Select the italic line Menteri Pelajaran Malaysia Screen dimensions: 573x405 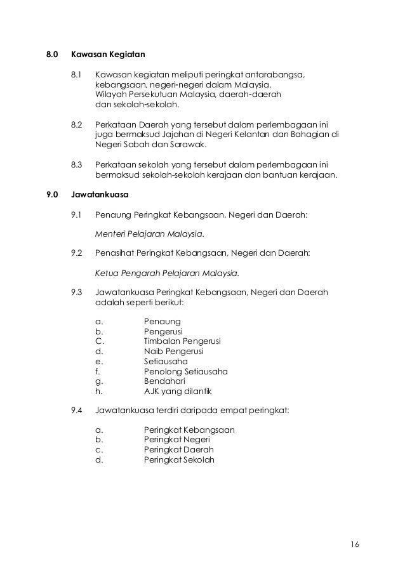pos(150,234)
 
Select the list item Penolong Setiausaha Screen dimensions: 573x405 pos(186,371)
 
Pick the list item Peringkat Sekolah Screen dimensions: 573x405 pos(179,460)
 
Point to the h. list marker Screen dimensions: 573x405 pos(98,391)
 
